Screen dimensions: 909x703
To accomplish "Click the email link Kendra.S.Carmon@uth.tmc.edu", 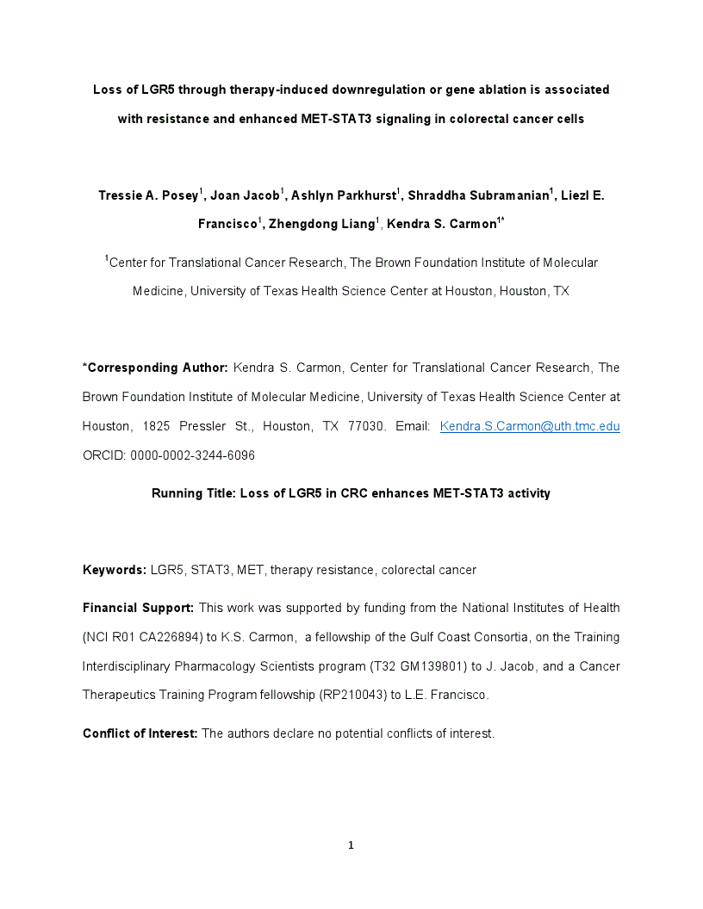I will tap(530, 426).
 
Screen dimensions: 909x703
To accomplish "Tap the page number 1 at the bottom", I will tap(351, 845).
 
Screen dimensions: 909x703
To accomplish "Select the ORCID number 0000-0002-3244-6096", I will tap(192, 455).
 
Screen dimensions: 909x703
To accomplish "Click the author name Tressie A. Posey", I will tap(148, 195).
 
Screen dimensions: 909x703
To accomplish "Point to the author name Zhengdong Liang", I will tap(321, 225).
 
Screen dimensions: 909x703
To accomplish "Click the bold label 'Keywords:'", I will tap(115, 570).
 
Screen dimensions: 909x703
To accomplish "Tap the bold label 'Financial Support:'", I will tap(138, 608).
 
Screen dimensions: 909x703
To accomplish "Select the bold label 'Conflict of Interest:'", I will tap(140, 733).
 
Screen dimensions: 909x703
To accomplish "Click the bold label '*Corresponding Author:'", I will tap(155, 368).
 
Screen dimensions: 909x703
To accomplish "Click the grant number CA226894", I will tap(164, 637).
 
